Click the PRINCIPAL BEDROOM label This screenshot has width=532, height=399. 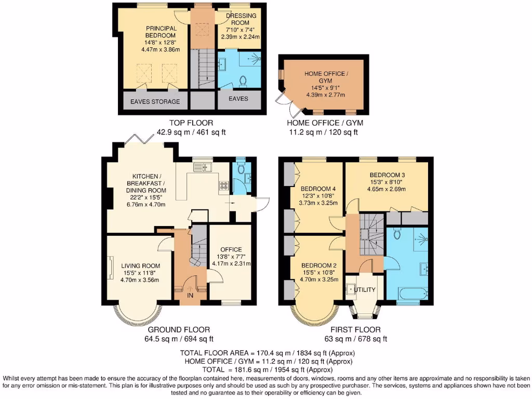(x=161, y=32)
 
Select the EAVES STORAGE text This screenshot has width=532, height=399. (x=155, y=101)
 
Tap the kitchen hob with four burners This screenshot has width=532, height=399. (x=224, y=185)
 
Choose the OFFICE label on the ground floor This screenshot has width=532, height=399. (x=231, y=249)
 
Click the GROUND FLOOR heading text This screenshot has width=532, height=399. (x=179, y=329)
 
